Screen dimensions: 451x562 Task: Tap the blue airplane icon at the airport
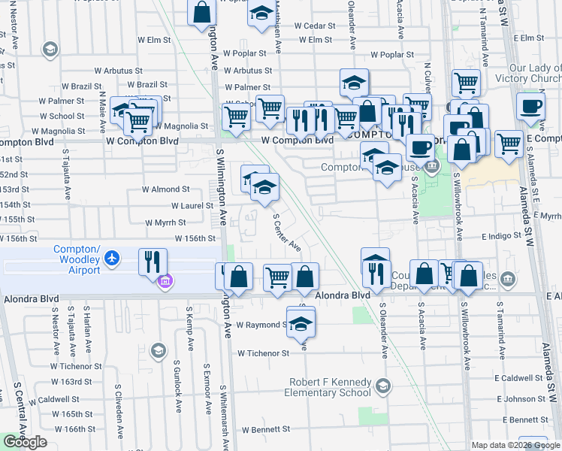tap(112, 259)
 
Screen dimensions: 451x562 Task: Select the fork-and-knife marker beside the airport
tap(153, 262)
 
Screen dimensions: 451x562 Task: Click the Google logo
tap(25, 442)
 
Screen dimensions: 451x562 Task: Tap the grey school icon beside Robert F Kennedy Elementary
tap(382, 386)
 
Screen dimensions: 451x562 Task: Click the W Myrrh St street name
tap(165, 222)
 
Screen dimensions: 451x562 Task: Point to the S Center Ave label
tap(286, 232)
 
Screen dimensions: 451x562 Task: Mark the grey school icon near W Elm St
tap(50, 49)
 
